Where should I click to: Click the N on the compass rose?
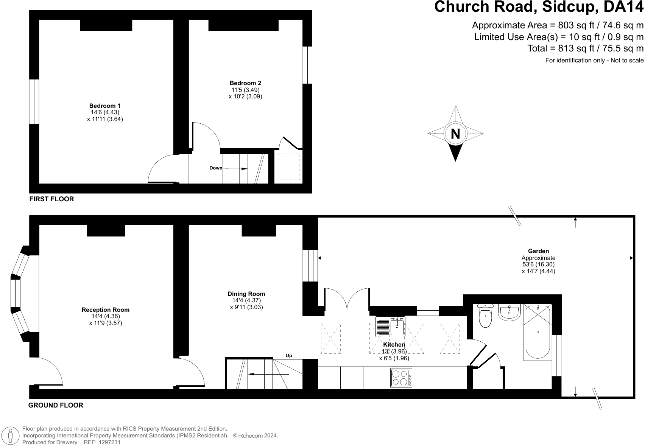pos(455,134)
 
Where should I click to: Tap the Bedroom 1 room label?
pos(105,106)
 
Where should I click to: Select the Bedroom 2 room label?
pos(245,83)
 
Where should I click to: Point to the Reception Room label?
pos(105,310)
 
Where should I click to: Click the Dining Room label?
pos(246,294)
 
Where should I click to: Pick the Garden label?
pos(538,251)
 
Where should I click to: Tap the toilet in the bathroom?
pos(486,316)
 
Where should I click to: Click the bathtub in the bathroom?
pos(537,332)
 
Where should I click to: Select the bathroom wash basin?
pos(509,313)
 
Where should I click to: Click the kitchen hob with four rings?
pos(401,378)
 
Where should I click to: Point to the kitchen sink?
pos(390,327)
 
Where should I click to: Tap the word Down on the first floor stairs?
pos(216,168)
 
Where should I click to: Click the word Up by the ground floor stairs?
pos(289,356)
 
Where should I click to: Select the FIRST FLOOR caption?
pos(51,199)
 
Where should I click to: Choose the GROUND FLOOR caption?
pos(56,405)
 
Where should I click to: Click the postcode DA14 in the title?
pos(623,6)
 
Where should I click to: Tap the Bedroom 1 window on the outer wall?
pos(34,102)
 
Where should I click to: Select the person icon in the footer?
pos(10,436)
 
